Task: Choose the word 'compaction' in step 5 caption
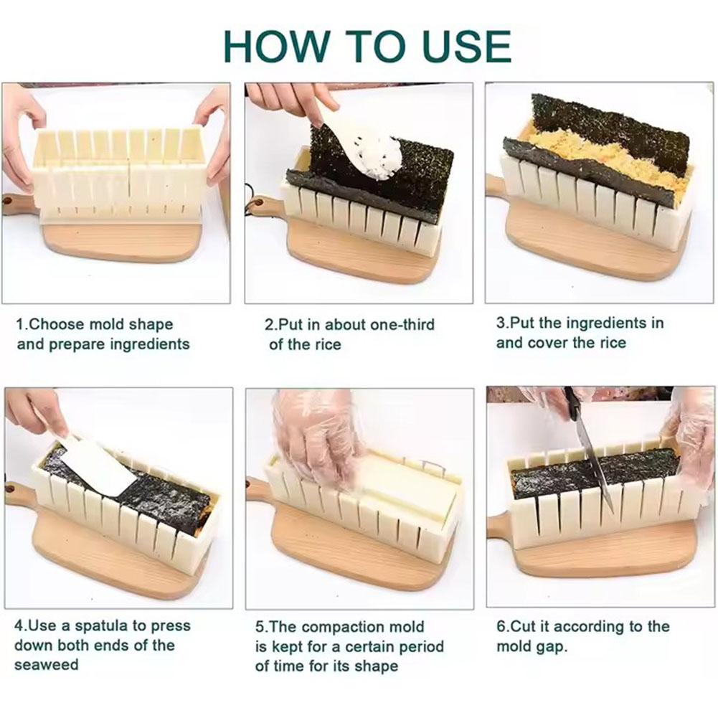346,628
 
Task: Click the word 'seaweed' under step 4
47,665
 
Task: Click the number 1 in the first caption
20,324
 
